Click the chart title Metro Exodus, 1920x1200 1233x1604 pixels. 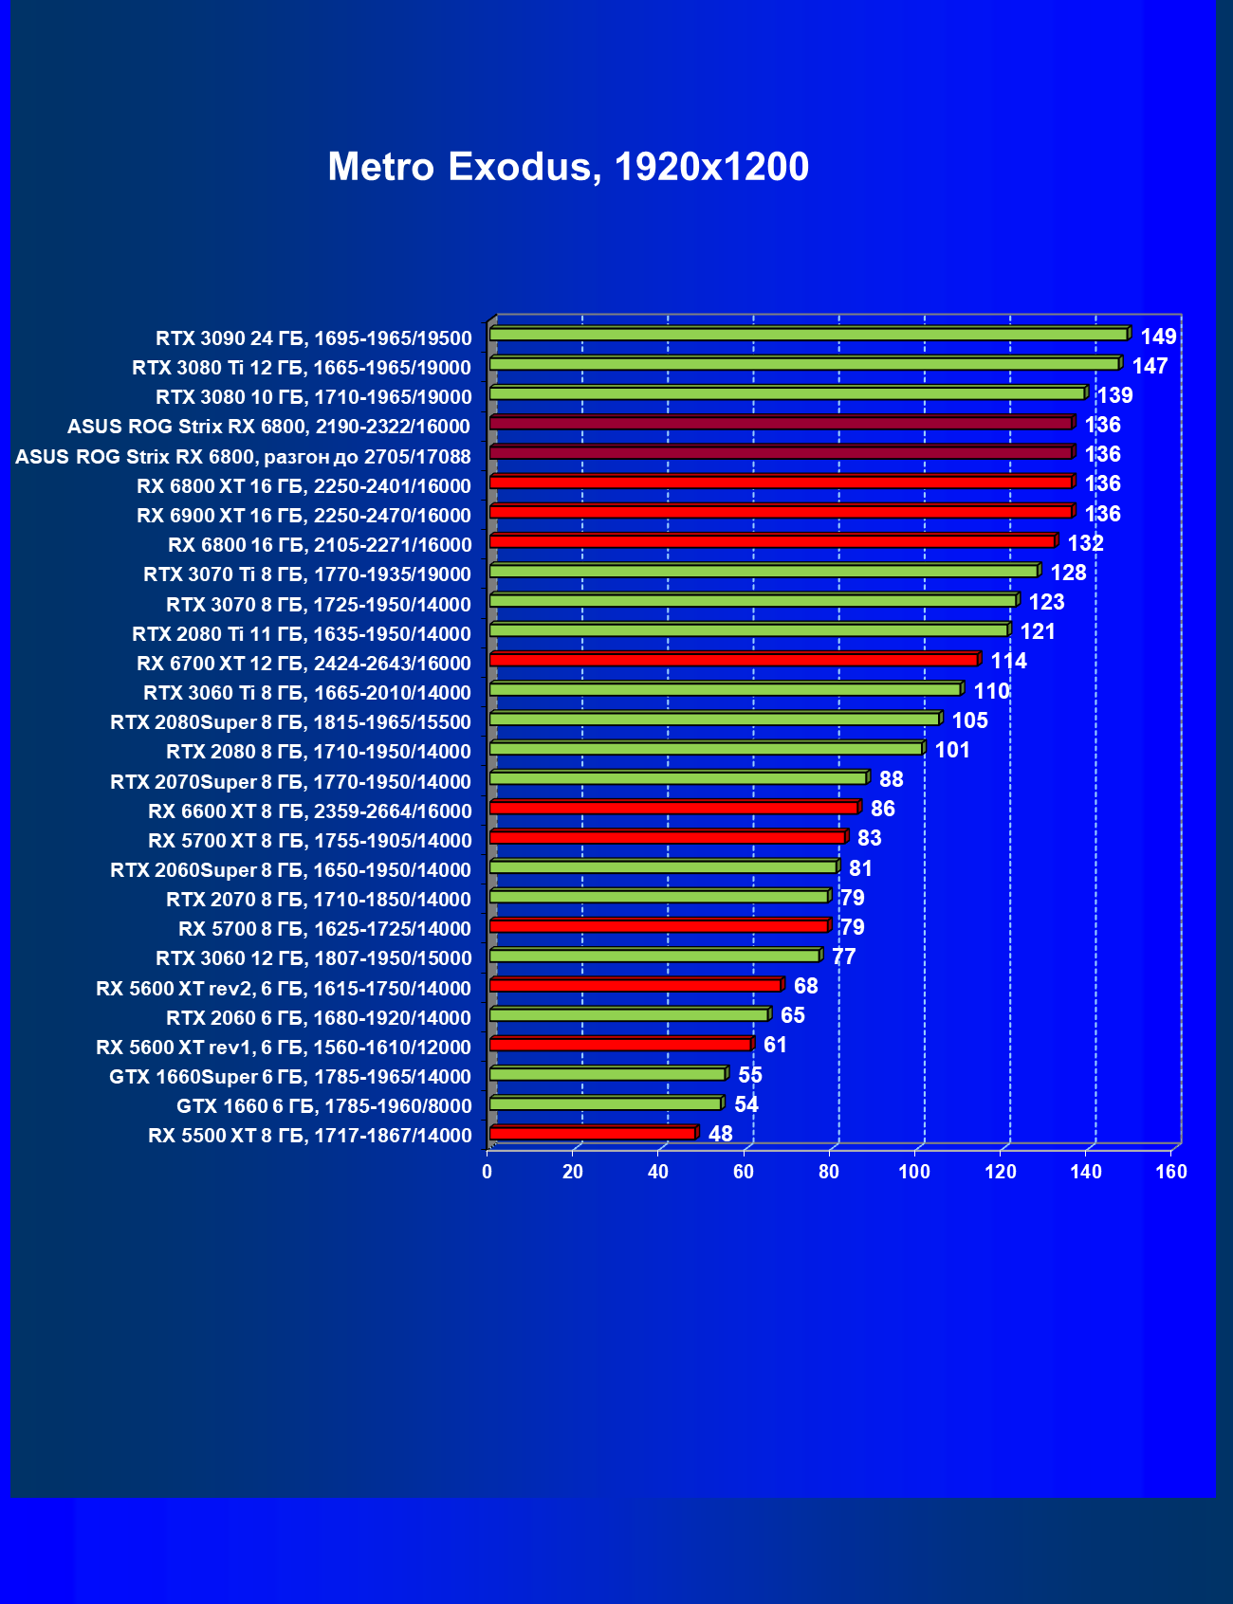tap(568, 167)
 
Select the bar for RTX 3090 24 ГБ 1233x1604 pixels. tap(808, 335)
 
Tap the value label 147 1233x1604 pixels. tap(1150, 366)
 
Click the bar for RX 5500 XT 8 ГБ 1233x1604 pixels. tap(593, 1134)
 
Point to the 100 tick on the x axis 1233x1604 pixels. tap(914, 1173)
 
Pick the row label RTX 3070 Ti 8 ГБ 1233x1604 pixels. tap(306, 574)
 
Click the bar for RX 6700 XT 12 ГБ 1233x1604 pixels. tap(734, 660)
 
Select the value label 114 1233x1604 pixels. tap(1008, 661)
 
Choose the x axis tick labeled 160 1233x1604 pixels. tap(1171, 1173)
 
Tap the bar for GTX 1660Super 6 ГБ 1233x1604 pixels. tap(607, 1074)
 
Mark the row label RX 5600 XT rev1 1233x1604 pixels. tap(283, 1048)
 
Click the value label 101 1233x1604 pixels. tap(952, 750)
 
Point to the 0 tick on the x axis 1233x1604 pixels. tap(488, 1173)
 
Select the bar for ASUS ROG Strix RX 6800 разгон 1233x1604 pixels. tap(782, 453)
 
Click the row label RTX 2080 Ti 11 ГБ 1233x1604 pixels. tap(301, 633)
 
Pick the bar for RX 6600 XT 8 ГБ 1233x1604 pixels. tap(674, 808)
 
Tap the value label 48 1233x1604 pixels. tap(721, 1134)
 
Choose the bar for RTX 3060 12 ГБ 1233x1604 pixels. tap(654, 956)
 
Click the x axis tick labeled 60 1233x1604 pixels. tap(744, 1173)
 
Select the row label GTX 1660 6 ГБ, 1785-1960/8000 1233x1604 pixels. tap(323, 1106)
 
